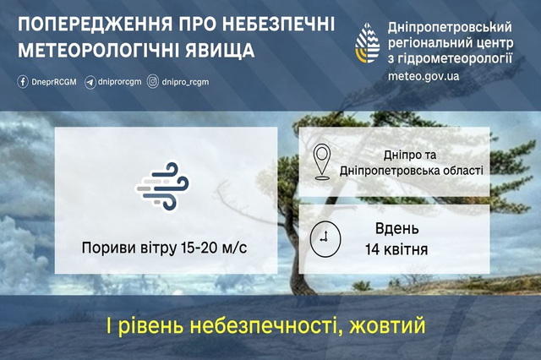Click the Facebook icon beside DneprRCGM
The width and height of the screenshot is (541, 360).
(21, 82)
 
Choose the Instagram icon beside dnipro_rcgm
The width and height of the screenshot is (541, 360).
(153, 82)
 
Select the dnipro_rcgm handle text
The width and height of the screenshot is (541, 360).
(184, 82)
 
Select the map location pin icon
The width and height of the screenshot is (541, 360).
(323, 162)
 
